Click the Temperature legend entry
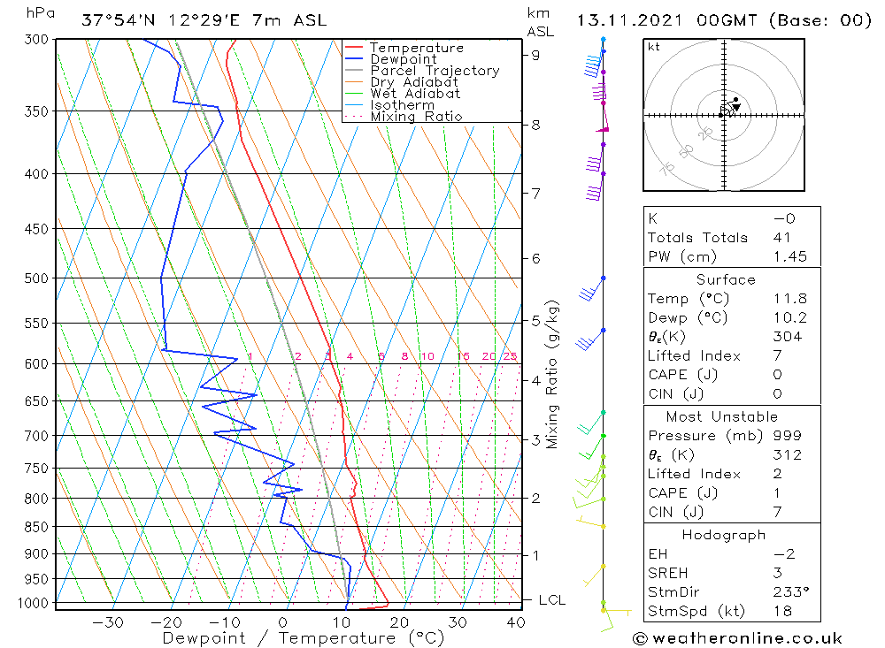click(416, 48)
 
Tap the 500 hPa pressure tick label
click(35, 278)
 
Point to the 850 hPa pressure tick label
click(35, 527)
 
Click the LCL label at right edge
click(552, 600)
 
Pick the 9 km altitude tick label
click(535, 55)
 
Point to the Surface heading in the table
click(726, 280)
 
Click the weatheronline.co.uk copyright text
click(738, 638)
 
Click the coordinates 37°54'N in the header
click(116, 20)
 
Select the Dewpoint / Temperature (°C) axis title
click(304, 638)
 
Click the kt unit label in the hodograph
click(654, 47)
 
